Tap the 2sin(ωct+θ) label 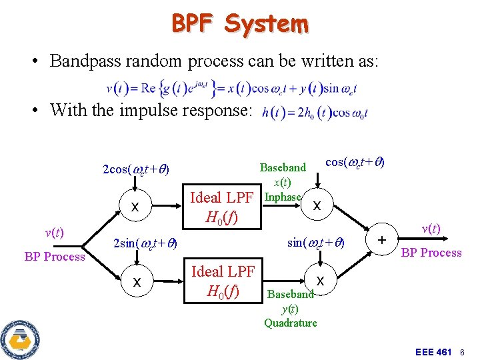tap(144, 243)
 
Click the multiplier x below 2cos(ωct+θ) tap(135, 207)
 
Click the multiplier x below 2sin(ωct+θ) tap(137, 282)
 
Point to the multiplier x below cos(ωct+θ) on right tap(317, 206)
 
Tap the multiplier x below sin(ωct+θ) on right tap(320, 281)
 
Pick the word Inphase tap(283, 197)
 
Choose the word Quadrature tap(290, 323)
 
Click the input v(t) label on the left tap(54, 233)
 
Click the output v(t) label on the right tap(432, 229)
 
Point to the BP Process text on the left tap(55, 257)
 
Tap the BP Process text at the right tap(431, 253)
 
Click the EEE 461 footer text tap(433, 351)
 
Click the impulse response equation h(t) tap(315, 113)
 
